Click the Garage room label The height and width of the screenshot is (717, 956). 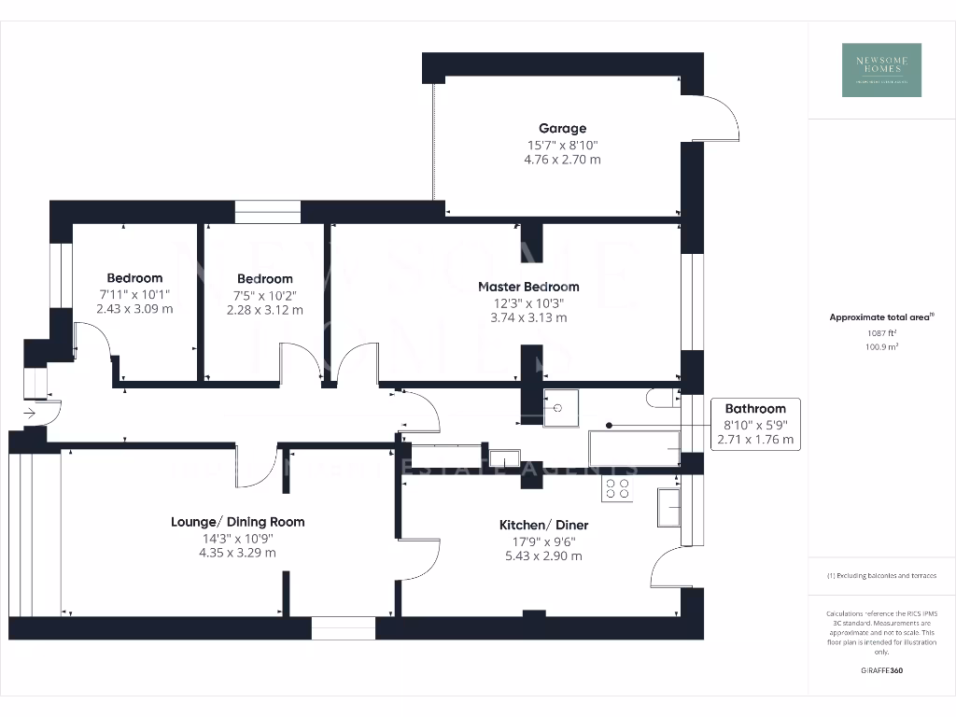(562, 128)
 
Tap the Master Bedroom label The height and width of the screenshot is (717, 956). (528, 287)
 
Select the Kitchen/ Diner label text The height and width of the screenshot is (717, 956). (543, 525)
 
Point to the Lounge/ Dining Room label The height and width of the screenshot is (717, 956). (237, 522)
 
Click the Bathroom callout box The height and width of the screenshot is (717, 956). (755, 424)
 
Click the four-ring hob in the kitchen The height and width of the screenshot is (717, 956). (617, 489)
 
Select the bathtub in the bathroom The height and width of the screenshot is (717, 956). (634, 448)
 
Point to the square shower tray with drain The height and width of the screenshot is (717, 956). (560, 406)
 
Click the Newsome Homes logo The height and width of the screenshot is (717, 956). (881, 70)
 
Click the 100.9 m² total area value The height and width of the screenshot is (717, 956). (881, 346)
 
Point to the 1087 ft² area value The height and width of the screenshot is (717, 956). (881, 332)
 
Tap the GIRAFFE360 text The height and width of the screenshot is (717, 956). (881, 670)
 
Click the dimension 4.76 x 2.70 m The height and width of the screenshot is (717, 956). (562, 159)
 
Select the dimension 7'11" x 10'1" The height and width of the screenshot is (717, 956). (134, 294)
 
